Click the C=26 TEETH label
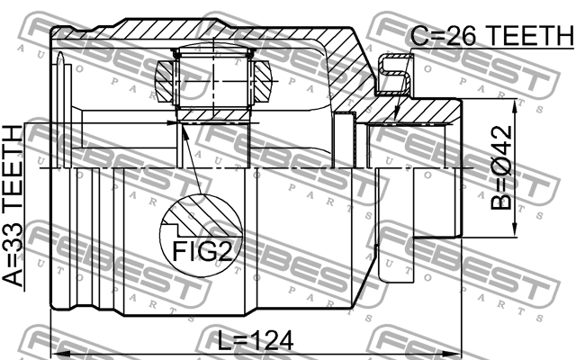coord(490,36)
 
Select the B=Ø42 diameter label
coord(500,170)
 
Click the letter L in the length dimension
coord(225,340)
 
